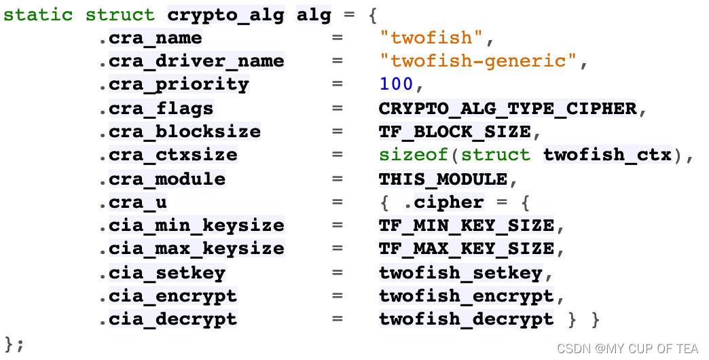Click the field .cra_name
click(156, 38)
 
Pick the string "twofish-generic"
click(478, 61)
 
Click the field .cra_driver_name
click(196, 61)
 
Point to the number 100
click(397, 85)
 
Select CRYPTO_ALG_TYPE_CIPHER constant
click(507, 109)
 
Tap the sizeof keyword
click(414, 156)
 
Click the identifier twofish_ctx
click(607, 156)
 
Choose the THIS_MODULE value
click(443, 179)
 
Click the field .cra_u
click(138, 202)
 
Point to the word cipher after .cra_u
click(449, 202)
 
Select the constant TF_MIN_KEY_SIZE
click(467, 226)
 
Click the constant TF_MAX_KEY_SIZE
click(467, 249)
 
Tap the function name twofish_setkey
click(460, 273)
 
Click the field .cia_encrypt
click(173, 296)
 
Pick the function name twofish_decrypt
click(467, 319)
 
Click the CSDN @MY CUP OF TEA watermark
click(628, 348)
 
